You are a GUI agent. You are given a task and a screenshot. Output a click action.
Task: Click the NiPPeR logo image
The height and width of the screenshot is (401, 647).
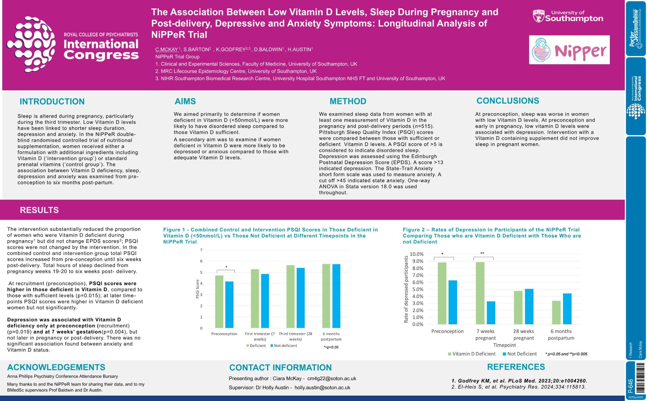569,50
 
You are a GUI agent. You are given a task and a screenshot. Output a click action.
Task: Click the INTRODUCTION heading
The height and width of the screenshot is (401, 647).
52,101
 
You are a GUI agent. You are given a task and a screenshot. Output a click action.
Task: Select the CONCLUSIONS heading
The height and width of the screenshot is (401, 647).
508,101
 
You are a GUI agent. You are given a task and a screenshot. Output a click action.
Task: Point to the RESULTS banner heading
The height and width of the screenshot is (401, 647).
39,210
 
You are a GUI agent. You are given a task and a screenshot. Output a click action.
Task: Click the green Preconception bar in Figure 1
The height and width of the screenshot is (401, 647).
219,302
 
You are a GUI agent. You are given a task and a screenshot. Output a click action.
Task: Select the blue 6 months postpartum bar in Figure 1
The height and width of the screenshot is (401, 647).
336,296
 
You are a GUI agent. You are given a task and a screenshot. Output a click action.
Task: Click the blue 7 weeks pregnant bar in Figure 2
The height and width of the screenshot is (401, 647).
491,313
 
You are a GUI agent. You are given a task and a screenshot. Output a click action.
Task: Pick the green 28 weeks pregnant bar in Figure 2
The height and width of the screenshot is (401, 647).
518,308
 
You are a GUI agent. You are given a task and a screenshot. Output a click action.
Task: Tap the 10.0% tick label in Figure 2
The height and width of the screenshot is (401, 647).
416,254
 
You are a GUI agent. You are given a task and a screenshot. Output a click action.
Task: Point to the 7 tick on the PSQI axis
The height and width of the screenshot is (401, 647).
201,250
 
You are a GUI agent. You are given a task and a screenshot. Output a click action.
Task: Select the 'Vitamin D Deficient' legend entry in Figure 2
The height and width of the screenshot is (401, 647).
472,354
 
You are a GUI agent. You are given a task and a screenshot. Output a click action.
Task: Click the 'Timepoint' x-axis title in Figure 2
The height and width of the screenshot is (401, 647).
504,345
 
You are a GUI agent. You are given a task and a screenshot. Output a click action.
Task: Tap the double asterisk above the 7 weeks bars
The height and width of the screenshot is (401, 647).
482,253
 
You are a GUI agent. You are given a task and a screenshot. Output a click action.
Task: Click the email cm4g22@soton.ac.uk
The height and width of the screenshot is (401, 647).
332,379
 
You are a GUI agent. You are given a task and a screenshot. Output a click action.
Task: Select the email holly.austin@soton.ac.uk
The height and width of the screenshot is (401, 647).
322,388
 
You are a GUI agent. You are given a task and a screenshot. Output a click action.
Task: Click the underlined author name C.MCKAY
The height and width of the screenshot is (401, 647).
167,50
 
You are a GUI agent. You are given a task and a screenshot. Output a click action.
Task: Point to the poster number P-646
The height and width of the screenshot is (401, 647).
631,386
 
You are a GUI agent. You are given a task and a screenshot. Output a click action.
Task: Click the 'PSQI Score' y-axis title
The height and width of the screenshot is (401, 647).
197,289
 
